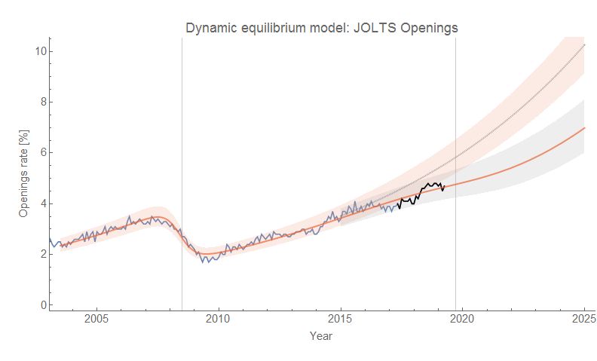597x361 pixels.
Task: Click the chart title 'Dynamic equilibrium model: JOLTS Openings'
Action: coord(322,28)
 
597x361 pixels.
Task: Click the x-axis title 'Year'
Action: coord(321,336)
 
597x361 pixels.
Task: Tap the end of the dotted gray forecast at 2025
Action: coord(584,45)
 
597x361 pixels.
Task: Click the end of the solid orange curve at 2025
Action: coord(584,128)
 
